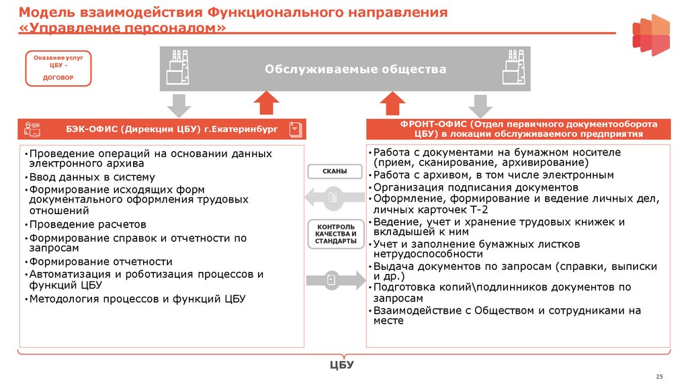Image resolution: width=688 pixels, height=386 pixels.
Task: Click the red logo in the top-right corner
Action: [x=650, y=35]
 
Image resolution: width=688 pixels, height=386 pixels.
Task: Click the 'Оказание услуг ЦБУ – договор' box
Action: [x=58, y=68]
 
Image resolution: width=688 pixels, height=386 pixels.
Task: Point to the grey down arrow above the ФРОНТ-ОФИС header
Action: [x=480, y=105]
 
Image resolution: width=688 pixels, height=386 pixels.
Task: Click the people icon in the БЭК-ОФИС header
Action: [x=32, y=129]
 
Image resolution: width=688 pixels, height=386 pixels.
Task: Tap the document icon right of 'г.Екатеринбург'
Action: [x=294, y=129]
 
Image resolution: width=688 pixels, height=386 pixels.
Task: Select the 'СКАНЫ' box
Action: [x=335, y=172]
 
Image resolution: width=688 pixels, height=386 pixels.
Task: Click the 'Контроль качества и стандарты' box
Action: [x=335, y=234]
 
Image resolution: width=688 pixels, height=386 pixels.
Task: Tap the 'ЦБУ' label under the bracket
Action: [x=341, y=365]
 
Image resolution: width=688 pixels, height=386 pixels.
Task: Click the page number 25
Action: [x=659, y=375]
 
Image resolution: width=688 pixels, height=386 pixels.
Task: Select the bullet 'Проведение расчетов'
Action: [x=87, y=225]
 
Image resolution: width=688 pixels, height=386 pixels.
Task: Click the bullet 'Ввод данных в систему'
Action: [x=91, y=177]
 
